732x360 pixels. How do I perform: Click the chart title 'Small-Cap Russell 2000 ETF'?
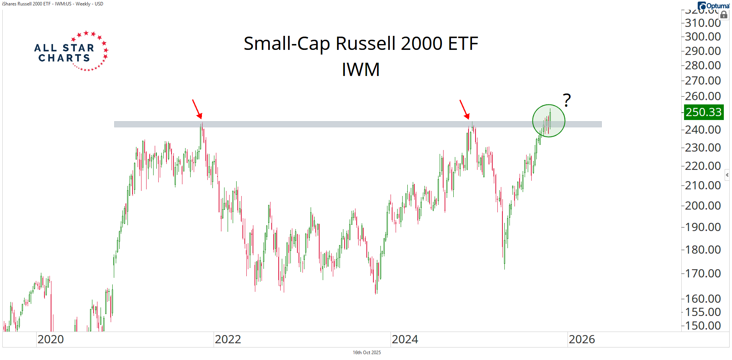[x=361, y=44]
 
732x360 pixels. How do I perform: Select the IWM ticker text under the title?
[x=361, y=70]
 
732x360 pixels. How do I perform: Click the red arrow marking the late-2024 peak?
[x=464, y=109]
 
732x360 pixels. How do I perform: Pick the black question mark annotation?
[x=567, y=100]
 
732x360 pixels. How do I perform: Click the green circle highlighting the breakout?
[x=548, y=121]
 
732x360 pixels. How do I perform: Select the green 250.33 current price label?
[x=704, y=112]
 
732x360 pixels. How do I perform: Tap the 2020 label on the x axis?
[x=51, y=339]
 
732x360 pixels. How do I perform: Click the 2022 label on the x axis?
[x=228, y=339]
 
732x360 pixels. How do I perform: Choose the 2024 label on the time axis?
[x=405, y=339]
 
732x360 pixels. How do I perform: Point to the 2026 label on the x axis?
[x=582, y=339]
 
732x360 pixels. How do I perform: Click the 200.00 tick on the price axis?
[x=703, y=205]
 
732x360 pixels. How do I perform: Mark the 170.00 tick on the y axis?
[x=703, y=273]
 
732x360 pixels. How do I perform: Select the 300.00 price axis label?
[x=703, y=37]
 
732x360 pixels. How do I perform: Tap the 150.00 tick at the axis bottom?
[x=703, y=325]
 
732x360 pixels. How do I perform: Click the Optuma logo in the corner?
[x=713, y=6]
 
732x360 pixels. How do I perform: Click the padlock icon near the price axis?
[x=724, y=15]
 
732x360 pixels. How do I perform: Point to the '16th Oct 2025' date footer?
[x=367, y=353]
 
